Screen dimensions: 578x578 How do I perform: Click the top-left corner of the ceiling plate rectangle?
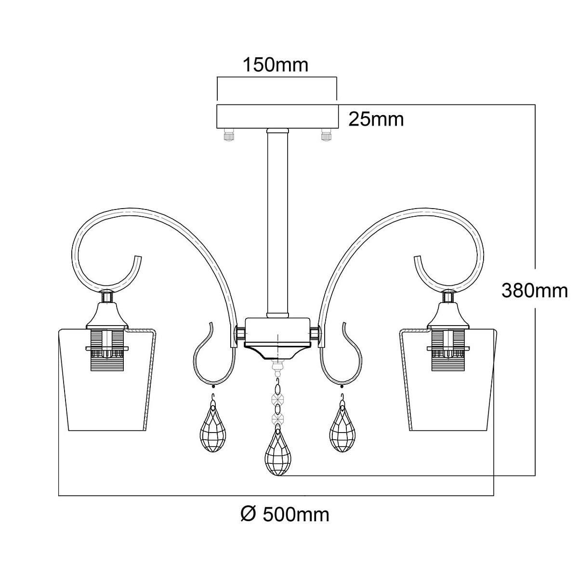pos(217,105)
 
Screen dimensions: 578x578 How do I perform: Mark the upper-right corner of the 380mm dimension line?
pos(535,105)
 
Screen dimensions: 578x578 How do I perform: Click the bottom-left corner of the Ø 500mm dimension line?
pos(58,496)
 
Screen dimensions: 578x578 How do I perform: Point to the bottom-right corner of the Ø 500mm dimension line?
pos(493,496)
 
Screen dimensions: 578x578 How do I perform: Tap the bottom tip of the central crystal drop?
pos(278,475)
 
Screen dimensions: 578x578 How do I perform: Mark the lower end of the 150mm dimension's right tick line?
pos(337,100)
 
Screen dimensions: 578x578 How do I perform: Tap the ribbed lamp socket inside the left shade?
pos(107,351)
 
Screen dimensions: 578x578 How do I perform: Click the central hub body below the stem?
pos(277,331)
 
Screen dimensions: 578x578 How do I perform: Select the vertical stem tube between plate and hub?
pos(277,223)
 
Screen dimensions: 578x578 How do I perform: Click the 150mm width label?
pos(275,65)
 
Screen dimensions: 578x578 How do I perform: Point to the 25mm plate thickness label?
pos(376,119)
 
